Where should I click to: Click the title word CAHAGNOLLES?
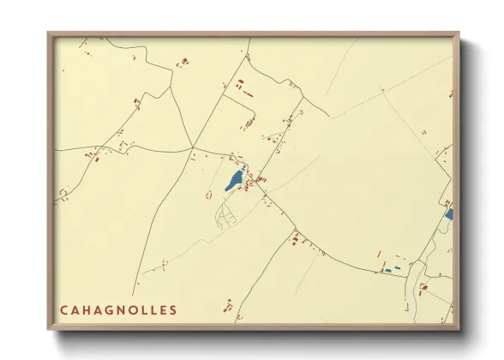(x=118, y=309)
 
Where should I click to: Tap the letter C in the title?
(x=63, y=309)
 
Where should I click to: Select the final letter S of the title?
(x=174, y=309)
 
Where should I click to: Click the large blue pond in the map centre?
(x=233, y=181)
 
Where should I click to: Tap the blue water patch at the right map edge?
(x=448, y=214)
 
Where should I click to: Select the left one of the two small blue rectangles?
(x=387, y=271)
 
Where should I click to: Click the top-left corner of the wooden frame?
(x=49, y=33)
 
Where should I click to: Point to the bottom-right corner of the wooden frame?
(x=459, y=329)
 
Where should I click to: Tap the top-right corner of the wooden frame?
(x=459, y=33)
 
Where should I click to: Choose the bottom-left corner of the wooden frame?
(x=49, y=329)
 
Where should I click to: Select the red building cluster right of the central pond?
(x=255, y=181)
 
